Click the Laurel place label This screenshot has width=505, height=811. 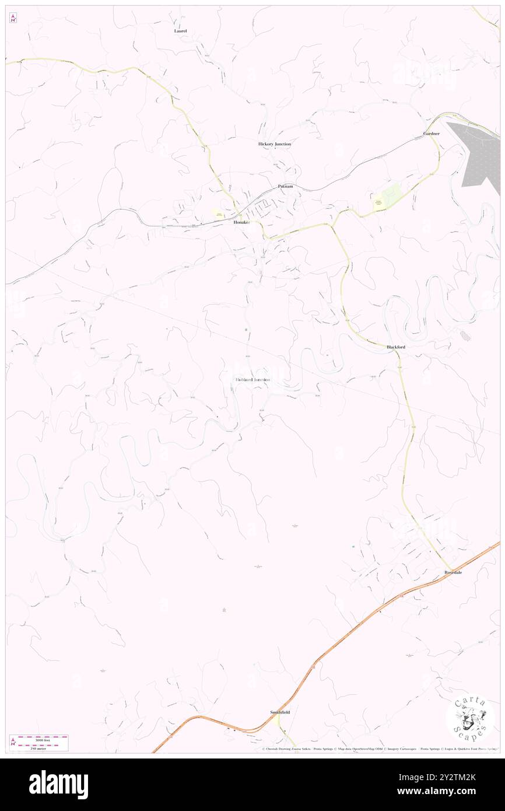[180, 30]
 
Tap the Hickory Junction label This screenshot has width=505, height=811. [274, 144]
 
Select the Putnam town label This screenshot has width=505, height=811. [285, 186]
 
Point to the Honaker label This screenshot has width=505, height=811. [242, 223]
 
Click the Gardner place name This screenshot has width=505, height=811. [432, 134]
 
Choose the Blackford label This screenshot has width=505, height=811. [396, 347]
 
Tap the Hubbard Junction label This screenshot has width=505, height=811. [253, 380]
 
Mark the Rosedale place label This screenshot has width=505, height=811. [453, 572]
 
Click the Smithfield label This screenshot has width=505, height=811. [280, 712]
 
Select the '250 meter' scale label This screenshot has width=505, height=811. [39, 749]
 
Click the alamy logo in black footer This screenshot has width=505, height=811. [58, 785]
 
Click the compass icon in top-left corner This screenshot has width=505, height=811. [13, 18]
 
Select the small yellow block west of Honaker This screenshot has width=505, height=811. [220, 214]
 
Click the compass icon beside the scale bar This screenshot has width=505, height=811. [13, 743]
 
